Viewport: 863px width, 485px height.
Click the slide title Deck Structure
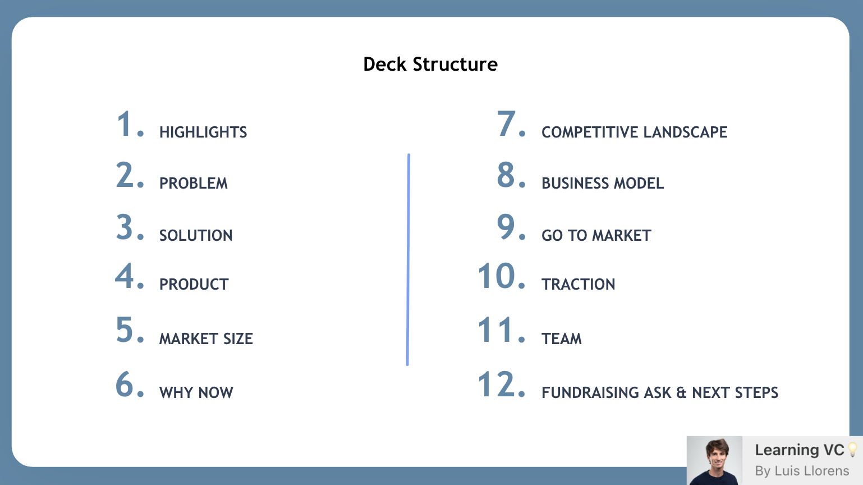[x=430, y=65]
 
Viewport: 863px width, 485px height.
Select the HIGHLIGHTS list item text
[x=203, y=132]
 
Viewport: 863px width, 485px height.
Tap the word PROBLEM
[x=194, y=184]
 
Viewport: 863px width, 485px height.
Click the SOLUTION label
[x=196, y=236]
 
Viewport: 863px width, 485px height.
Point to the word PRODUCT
[x=194, y=285]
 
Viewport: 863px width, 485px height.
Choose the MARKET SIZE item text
[x=206, y=339]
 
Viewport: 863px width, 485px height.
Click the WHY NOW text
[x=196, y=393]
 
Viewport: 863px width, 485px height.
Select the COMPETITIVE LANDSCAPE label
[x=634, y=132]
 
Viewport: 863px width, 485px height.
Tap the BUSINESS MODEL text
[x=603, y=184]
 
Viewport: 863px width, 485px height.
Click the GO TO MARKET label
[x=596, y=236]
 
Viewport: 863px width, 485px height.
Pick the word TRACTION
[x=579, y=285]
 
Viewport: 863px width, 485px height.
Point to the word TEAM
[x=562, y=339]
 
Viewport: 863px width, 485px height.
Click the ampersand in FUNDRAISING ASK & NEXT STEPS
[x=681, y=393]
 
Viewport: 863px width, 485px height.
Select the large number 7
[x=506, y=124]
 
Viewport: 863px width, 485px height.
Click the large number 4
[x=124, y=276]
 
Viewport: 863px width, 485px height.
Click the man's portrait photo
[x=714, y=461]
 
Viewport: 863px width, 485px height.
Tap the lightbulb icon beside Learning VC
[x=852, y=450]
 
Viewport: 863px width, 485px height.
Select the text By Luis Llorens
[x=802, y=471]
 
